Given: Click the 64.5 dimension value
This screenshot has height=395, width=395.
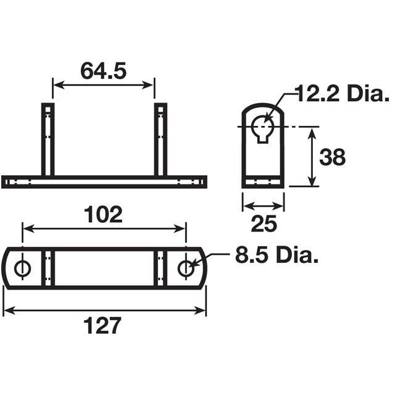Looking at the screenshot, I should click(103, 72).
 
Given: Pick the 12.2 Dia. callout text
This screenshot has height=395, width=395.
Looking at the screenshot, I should click(343, 95).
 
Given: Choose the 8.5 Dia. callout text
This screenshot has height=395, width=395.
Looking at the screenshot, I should click(276, 255).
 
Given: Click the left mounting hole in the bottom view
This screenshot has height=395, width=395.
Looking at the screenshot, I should click(23, 268).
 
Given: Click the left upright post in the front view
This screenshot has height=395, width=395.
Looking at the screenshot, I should click(48, 139).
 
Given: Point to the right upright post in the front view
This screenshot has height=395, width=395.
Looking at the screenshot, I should click(160, 139).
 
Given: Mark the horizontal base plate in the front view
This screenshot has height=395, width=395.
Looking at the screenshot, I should click(104, 181).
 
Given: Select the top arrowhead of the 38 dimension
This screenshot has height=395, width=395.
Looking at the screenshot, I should click(312, 131).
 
